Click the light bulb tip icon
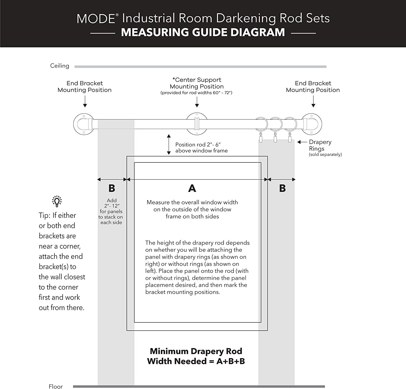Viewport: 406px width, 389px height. coord(57,201)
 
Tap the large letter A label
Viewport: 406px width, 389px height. coord(192,188)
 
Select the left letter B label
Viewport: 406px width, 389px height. coord(112,188)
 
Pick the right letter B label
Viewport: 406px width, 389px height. coord(282,188)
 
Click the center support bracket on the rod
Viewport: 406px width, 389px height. coord(197,124)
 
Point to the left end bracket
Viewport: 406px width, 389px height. coord(84,124)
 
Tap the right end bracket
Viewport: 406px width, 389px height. coord(312,124)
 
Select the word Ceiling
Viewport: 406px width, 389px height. coord(60,66)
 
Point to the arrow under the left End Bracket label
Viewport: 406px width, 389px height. coord(85,102)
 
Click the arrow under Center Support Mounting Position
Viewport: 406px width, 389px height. coord(197,102)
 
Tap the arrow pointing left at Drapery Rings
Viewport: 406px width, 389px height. coord(302,142)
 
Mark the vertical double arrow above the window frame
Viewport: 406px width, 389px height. coord(169,144)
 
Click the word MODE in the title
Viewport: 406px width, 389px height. coord(96,19)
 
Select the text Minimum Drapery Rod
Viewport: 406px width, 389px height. coord(196,351)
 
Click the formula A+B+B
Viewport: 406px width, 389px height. coord(231,361)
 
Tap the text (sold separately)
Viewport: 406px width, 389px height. coord(325,155)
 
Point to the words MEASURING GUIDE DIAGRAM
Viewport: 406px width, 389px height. coord(203,32)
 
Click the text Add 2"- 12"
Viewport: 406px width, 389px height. coord(112,203)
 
